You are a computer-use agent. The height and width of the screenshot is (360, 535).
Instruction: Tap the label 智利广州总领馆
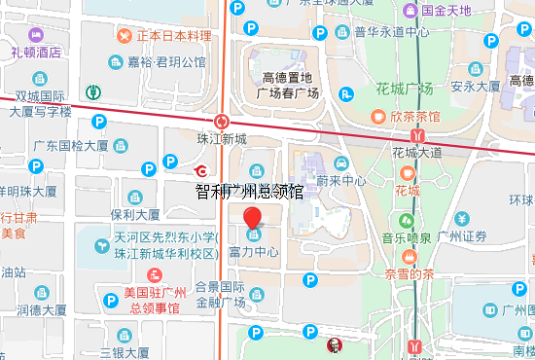[x=249, y=191]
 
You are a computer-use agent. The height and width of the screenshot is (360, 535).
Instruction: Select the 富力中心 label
[x=254, y=252]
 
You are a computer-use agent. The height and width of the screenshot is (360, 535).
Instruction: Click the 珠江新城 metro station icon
[x=224, y=122]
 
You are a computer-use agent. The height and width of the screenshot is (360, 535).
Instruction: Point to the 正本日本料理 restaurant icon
[x=125, y=36]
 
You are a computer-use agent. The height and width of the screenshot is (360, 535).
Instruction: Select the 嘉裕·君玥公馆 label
[x=166, y=62]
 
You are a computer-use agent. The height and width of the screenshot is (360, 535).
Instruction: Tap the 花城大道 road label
[x=416, y=152]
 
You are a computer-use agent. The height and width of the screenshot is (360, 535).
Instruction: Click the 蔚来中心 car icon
[x=339, y=164]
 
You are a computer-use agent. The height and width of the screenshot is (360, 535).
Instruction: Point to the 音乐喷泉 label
[x=407, y=236]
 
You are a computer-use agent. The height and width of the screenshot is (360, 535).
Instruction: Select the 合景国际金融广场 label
[x=220, y=295]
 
